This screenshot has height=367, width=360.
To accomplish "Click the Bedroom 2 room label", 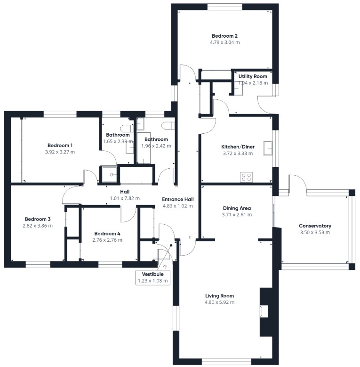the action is pos(224,36).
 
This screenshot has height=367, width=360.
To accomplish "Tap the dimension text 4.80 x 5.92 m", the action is pos(219,302).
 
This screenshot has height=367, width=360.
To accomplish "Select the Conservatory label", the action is pos(315,226).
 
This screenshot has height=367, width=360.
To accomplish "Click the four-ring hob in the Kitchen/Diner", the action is pos(247,177).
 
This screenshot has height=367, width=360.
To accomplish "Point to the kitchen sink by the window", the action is pos(268,148).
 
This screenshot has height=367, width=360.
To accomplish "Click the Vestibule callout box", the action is pos(152,277).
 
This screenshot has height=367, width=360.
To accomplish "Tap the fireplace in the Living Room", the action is pos(264,311).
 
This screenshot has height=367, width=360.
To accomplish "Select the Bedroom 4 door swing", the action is pos(128,214).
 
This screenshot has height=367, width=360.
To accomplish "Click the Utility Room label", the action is pos(253,76).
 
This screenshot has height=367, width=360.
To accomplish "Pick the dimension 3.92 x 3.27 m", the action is pos(60,152).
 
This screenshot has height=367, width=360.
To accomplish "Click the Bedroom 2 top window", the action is pos(225,7).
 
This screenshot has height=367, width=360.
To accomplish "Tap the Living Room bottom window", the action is pos(226,361).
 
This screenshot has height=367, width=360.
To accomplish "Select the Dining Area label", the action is pos(237,208).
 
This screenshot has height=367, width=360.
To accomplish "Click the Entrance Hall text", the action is pos(178,199).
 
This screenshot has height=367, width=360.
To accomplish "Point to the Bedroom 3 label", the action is pos(38,220).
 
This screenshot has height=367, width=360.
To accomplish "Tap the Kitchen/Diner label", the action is pos(238,147).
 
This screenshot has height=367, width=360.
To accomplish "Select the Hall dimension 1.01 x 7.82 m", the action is pos(125,198).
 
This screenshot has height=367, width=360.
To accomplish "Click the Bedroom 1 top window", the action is pos(60,114).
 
